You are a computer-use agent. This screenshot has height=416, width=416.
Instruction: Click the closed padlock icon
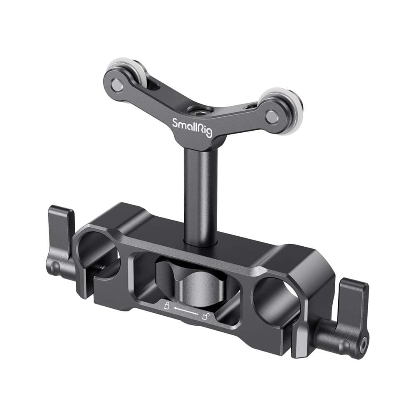167,307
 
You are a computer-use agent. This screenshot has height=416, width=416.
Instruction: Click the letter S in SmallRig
175,122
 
